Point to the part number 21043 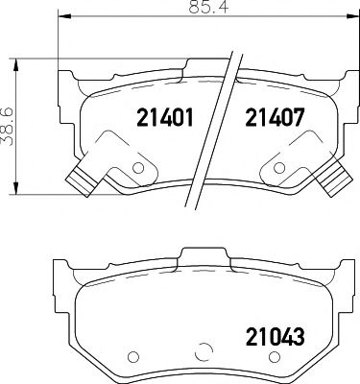[275, 337]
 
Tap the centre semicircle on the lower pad [203, 352]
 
